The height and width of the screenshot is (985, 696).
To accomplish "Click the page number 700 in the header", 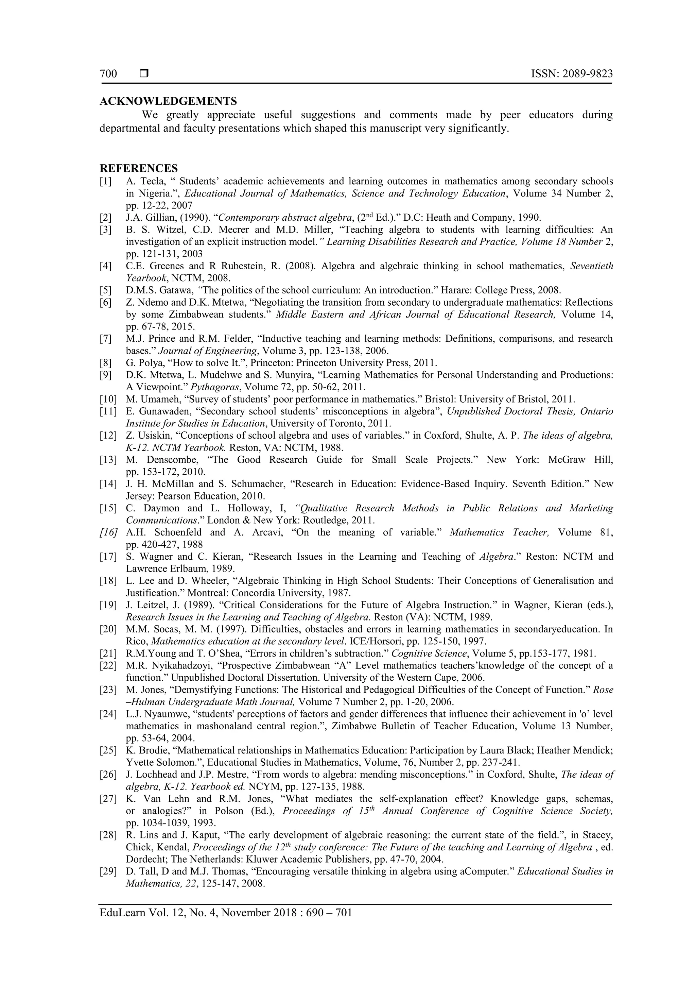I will (108, 74).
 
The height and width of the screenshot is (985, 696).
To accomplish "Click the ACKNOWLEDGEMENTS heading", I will (168, 101).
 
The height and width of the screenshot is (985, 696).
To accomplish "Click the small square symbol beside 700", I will (144, 73).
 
